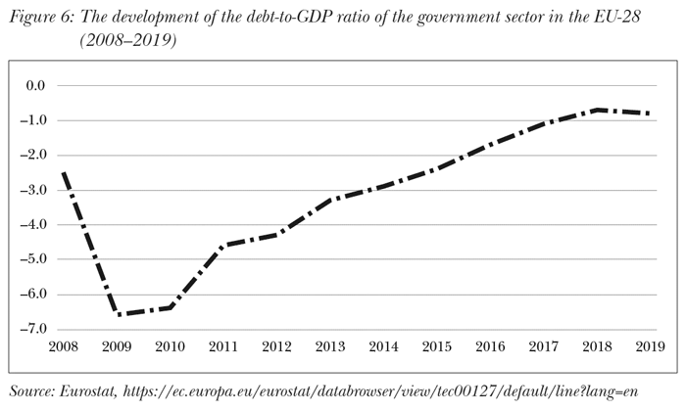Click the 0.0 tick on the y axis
[x=35, y=86]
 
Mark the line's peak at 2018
[x=597, y=110]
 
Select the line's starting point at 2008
[x=64, y=173]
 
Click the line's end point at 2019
[x=649, y=114]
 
